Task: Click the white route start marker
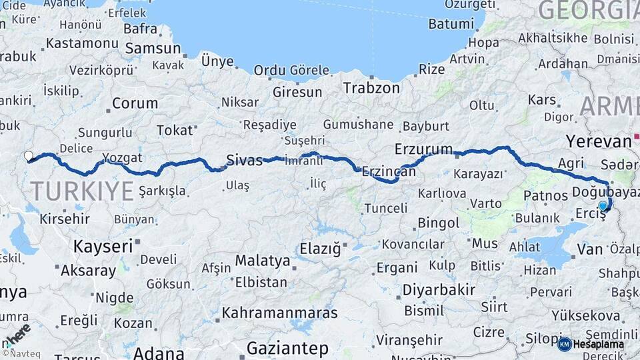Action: (28, 156)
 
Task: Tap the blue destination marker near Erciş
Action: (603, 207)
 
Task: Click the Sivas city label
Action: (244, 160)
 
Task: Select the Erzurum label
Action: (423, 148)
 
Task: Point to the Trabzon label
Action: (371, 87)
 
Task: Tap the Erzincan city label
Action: (388, 171)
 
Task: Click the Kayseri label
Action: (103, 246)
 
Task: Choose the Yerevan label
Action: (598, 141)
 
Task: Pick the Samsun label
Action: (153, 48)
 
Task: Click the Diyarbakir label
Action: (439, 290)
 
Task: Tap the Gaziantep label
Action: (287, 348)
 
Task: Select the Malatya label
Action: (263, 260)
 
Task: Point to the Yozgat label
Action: (122, 158)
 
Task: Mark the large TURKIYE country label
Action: (82, 191)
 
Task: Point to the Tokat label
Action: (174, 130)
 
